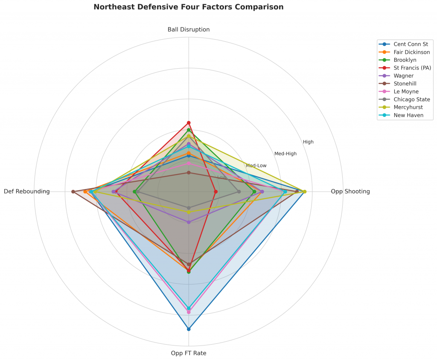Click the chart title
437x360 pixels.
188,7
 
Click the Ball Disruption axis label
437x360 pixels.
189,29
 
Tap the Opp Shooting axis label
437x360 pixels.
350,192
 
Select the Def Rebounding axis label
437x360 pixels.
27,192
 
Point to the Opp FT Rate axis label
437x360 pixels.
189,353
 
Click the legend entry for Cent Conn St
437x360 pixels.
411,44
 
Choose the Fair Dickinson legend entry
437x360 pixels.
412,52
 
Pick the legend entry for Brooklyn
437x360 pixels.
405,60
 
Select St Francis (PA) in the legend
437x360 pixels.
412,68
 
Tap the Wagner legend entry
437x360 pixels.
404,75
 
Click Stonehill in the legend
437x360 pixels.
405,84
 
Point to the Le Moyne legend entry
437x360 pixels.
406,91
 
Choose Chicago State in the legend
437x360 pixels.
412,99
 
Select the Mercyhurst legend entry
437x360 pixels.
408,107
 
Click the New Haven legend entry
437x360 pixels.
408,115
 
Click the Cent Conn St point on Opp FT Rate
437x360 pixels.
189,329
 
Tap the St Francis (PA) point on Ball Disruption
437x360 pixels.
189,123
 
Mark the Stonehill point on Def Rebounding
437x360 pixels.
73,192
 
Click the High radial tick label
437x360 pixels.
308,142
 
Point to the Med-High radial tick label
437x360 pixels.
285,154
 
